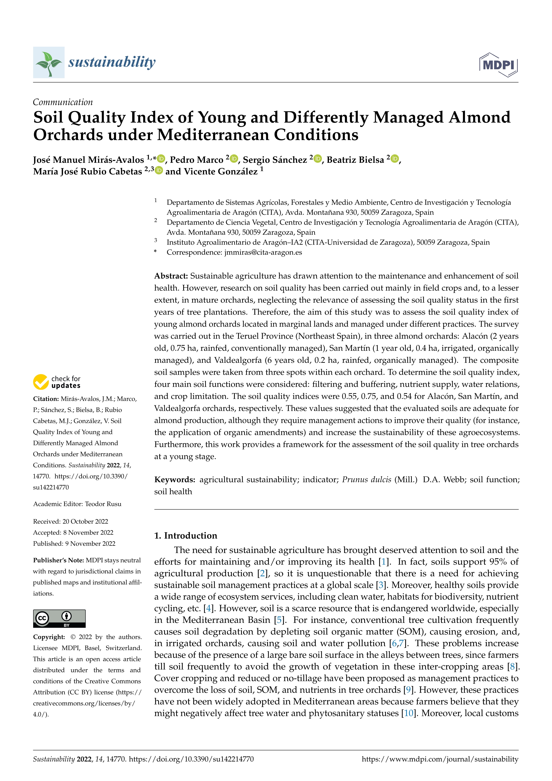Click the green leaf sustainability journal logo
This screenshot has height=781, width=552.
pyautogui.click(x=49, y=63)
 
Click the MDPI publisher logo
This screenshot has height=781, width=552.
pyautogui.click(x=498, y=65)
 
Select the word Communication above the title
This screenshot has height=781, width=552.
pyautogui.click(x=63, y=102)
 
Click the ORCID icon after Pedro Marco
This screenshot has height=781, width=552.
pyautogui.click(x=234, y=159)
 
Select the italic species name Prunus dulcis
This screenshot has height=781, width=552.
pyautogui.click(x=366, y=480)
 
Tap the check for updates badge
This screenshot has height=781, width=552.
pyautogui.click(x=57, y=382)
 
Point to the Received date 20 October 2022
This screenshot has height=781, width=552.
pyautogui.click(x=85, y=522)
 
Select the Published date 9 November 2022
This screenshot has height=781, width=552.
pyautogui.click(x=90, y=544)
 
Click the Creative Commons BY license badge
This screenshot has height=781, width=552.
pyautogui.click(x=59, y=618)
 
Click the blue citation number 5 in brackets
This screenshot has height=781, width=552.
pyautogui.click(x=279, y=620)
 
